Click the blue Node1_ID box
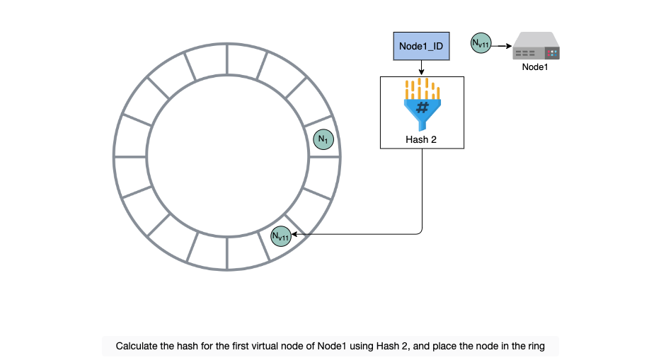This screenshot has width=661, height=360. click(x=421, y=46)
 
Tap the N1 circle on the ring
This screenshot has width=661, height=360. click(x=323, y=139)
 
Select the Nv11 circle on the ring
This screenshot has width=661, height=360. click(x=281, y=236)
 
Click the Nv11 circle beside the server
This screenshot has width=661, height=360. click(x=481, y=43)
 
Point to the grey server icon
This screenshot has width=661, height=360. click(x=536, y=46)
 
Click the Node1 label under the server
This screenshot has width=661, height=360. click(x=535, y=67)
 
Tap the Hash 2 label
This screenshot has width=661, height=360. click(x=420, y=139)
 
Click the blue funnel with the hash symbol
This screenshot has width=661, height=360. click(x=422, y=114)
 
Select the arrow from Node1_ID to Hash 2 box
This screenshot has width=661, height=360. click(x=421, y=68)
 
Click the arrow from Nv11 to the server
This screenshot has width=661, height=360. click(x=502, y=46)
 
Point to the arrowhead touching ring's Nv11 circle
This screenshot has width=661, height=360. click(x=294, y=234)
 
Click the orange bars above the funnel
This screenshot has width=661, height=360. click(x=423, y=88)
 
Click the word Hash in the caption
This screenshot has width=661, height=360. click(x=387, y=346)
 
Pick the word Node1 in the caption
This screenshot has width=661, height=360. click(x=332, y=346)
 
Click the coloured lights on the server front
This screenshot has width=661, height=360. click(x=552, y=53)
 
